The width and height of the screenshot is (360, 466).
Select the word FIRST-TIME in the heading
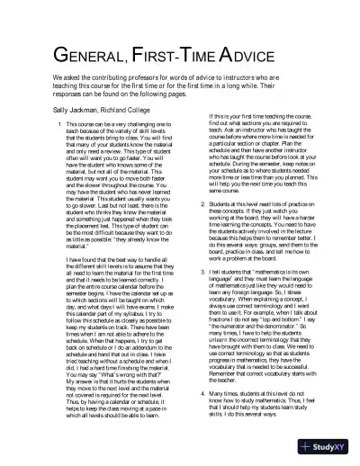pos(179,56)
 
